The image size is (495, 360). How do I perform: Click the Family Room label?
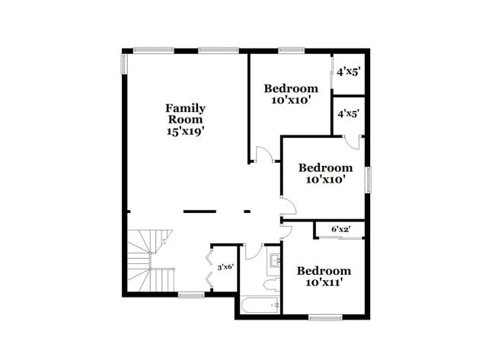click(x=186, y=113)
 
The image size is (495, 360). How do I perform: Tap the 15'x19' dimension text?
click(x=186, y=131)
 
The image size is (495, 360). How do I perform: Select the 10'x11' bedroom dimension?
click(x=324, y=282)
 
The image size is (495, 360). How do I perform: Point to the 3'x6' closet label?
click(x=225, y=267)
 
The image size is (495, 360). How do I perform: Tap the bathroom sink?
click(x=274, y=263)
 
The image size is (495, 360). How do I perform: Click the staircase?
click(x=148, y=259)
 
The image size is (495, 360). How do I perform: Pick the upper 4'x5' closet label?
click(x=349, y=72)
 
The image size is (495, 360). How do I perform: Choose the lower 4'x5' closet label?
click(x=349, y=113)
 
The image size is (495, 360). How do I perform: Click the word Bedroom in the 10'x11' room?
click(x=324, y=271)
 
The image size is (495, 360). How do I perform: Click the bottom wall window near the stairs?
click(x=191, y=295)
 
